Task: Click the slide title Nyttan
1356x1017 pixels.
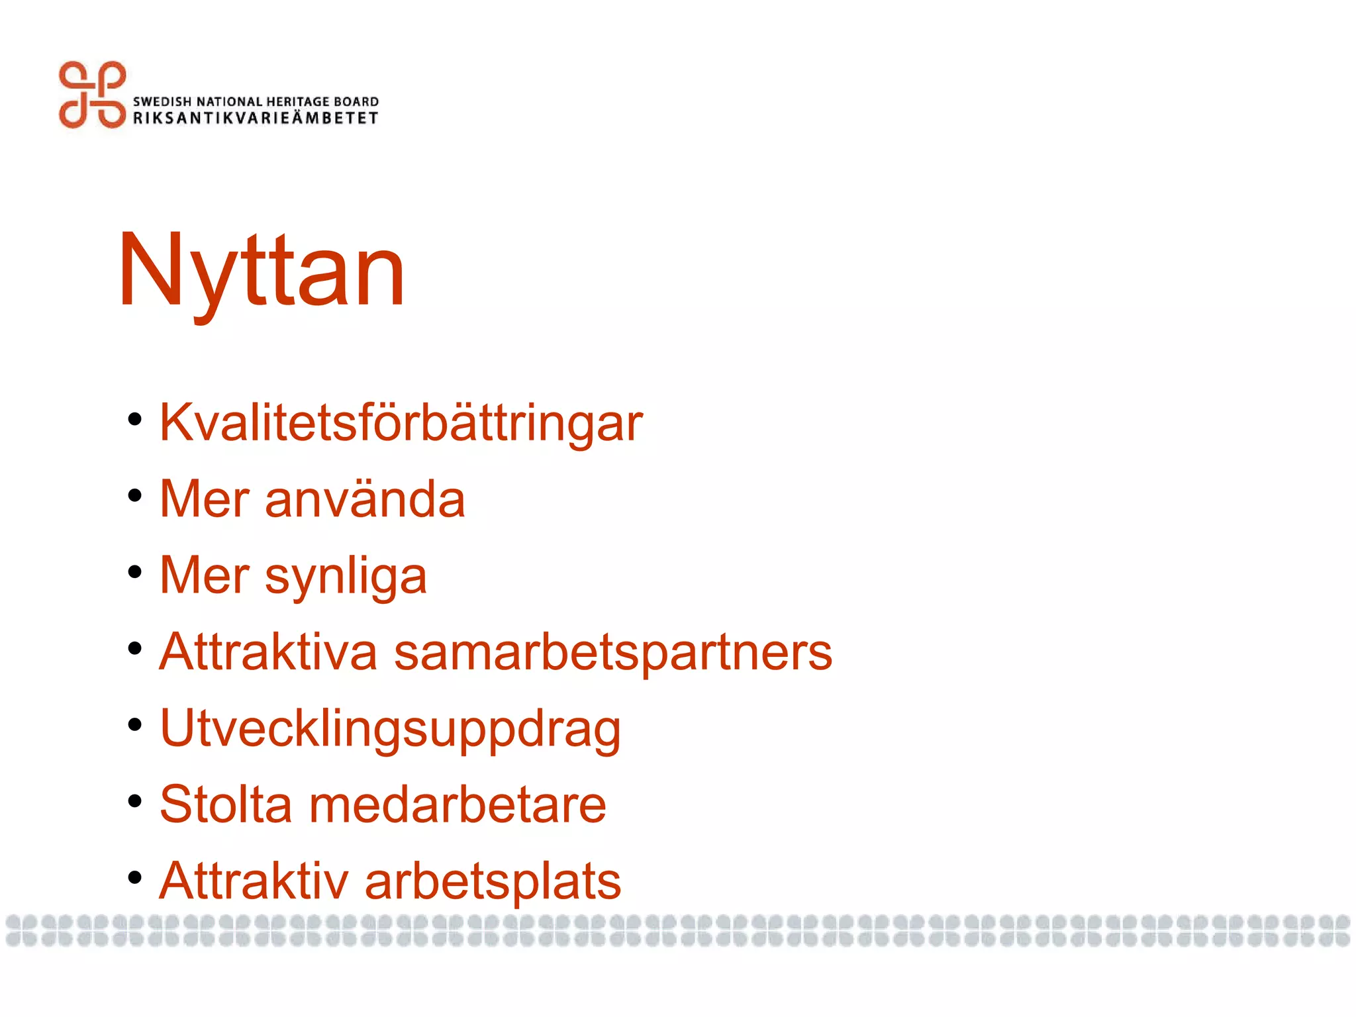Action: (x=261, y=271)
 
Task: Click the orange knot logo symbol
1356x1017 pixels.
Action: (x=92, y=95)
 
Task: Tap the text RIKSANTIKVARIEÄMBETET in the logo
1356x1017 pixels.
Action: (x=256, y=118)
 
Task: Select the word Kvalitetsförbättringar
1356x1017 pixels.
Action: (x=401, y=422)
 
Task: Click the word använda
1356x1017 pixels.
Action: (x=365, y=499)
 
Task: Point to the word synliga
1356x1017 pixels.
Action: (x=346, y=576)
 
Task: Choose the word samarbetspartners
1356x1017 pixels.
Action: (x=612, y=653)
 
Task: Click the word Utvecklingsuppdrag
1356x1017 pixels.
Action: (x=390, y=729)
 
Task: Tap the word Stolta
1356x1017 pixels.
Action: (x=226, y=804)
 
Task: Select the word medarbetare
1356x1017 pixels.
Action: (x=458, y=804)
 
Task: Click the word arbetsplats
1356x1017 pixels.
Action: (x=493, y=881)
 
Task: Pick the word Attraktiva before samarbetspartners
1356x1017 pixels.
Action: (x=268, y=652)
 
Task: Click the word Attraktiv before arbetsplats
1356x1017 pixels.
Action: (x=254, y=881)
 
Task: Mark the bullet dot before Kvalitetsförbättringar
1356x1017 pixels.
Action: (x=135, y=420)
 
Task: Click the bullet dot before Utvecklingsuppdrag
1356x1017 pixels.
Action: (x=135, y=725)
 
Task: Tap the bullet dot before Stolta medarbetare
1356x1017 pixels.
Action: (x=135, y=801)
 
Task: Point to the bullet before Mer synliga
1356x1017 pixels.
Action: (x=135, y=572)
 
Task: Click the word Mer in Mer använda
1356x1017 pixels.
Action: (x=205, y=499)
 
